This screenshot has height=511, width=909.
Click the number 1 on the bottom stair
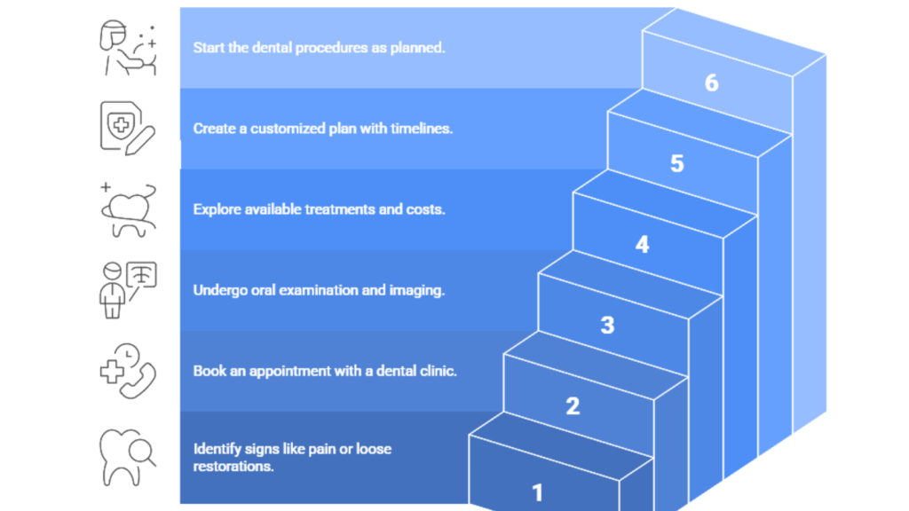(x=537, y=491)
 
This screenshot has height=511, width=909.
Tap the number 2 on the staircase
(x=573, y=406)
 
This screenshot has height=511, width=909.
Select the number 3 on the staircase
(x=607, y=325)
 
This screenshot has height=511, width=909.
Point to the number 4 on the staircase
(x=642, y=244)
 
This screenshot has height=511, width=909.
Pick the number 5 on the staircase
(x=677, y=163)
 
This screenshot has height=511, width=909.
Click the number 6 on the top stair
(x=711, y=83)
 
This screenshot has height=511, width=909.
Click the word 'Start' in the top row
(x=209, y=48)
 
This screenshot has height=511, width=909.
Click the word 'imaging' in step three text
(x=419, y=290)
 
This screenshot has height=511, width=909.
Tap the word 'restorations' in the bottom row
(x=233, y=465)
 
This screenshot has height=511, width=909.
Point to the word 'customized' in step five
(x=290, y=129)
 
